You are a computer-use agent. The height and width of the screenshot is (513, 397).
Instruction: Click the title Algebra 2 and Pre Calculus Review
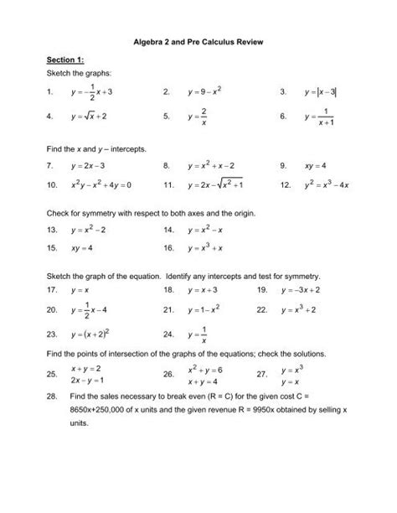(x=198, y=39)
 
